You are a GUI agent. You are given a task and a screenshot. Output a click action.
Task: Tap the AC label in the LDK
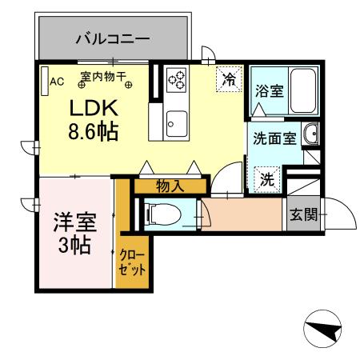[x=57, y=81]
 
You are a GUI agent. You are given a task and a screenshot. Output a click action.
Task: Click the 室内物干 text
[x=104, y=78]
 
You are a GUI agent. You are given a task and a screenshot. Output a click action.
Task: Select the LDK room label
[x=94, y=108]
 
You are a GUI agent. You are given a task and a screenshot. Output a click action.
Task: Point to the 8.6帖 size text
[x=93, y=131]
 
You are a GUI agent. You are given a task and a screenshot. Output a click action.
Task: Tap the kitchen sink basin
[x=177, y=122]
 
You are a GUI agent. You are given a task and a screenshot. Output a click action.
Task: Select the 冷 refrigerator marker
[x=229, y=79]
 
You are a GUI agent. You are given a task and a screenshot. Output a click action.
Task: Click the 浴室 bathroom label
[x=269, y=90]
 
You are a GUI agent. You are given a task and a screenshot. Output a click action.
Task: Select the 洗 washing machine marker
[x=266, y=178]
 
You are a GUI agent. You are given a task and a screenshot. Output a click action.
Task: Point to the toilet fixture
[x=160, y=213]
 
